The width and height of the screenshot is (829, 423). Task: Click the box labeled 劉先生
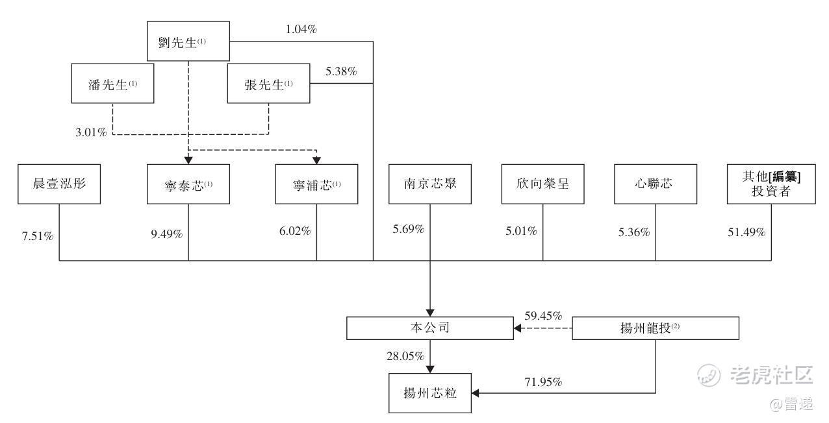188,41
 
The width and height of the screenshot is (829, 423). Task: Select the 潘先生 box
112,83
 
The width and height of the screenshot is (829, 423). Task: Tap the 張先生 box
269,83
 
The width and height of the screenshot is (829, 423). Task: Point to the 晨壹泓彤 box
59,184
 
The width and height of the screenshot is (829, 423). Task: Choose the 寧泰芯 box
188,184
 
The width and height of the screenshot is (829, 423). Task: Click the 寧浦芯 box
316,184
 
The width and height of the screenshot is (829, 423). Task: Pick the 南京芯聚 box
430,184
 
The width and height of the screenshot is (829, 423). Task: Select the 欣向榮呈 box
543,184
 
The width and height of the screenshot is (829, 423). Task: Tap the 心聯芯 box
656,184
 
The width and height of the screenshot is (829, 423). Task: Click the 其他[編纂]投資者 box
771,184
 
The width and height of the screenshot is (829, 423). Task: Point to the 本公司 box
430,328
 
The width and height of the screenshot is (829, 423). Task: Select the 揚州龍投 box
656,328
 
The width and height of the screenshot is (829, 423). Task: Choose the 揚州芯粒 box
430,393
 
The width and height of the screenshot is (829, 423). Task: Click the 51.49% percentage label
746,232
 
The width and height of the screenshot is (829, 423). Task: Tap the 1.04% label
301,29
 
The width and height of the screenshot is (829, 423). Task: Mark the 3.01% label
91,132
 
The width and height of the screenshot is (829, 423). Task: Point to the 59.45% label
543,315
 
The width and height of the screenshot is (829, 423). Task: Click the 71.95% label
543,381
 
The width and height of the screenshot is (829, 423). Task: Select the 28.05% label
405,356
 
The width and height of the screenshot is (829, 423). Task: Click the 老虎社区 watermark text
771,374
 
